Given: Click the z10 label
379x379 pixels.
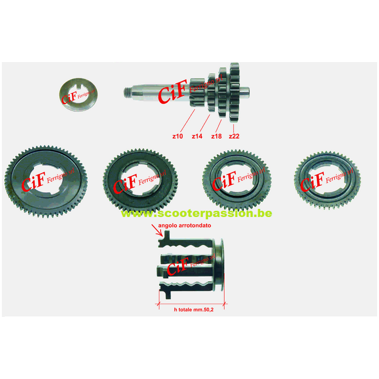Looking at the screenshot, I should pyautogui.click(x=177, y=136).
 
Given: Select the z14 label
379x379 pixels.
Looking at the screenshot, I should pyautogui.click(x=197, y=136).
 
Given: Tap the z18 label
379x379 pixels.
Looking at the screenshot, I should pyautogui.click(x=216, y=136).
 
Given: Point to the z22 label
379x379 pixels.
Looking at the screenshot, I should pyautogui.click(x=234, y=136).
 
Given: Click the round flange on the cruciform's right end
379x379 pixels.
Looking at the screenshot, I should pyautogui.click(x=220, y=266).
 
